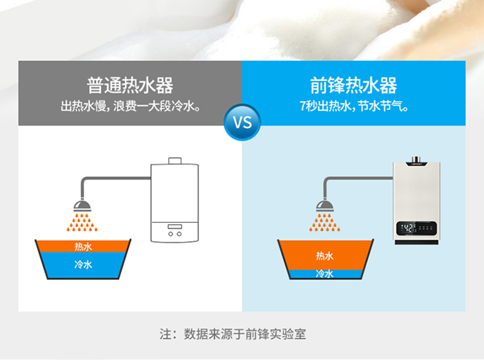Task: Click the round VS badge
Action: coord(243,123)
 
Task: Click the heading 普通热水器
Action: coord(130,85)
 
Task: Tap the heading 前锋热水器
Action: coord(354,85)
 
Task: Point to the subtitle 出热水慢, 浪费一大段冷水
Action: coord(130,106)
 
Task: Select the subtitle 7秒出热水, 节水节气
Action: coord(354,106)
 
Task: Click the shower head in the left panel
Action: coord(82,206)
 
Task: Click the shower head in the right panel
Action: coord(325,206)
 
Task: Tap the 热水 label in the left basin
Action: coord(83,247)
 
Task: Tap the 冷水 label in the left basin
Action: coord(83,264)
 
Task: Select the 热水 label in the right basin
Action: coord(325,256)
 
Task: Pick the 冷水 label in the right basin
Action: coord(325,274)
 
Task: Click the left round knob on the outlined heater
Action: coord(170,234)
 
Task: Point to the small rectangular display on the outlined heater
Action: coord(175,226)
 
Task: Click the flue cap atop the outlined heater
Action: coord(175,161)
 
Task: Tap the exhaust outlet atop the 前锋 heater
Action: coord(416,159)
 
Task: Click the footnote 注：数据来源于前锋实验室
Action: coord(233,334)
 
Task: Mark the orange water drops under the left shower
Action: coord(82,222)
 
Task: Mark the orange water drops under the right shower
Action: coord(325,222)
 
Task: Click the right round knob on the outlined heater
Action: coord(179,234)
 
